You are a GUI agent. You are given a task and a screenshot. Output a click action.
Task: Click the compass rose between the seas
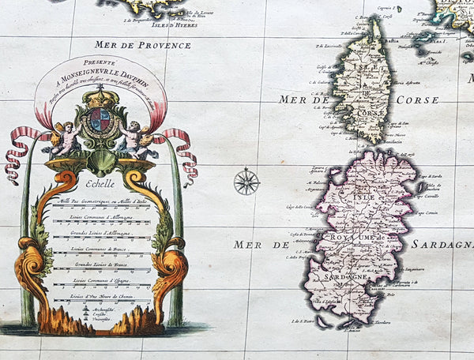tap(246, 182)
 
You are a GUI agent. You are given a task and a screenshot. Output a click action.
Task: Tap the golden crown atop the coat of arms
tap(100, 97)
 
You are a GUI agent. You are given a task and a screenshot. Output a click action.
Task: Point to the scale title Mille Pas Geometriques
tap(100, 201)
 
